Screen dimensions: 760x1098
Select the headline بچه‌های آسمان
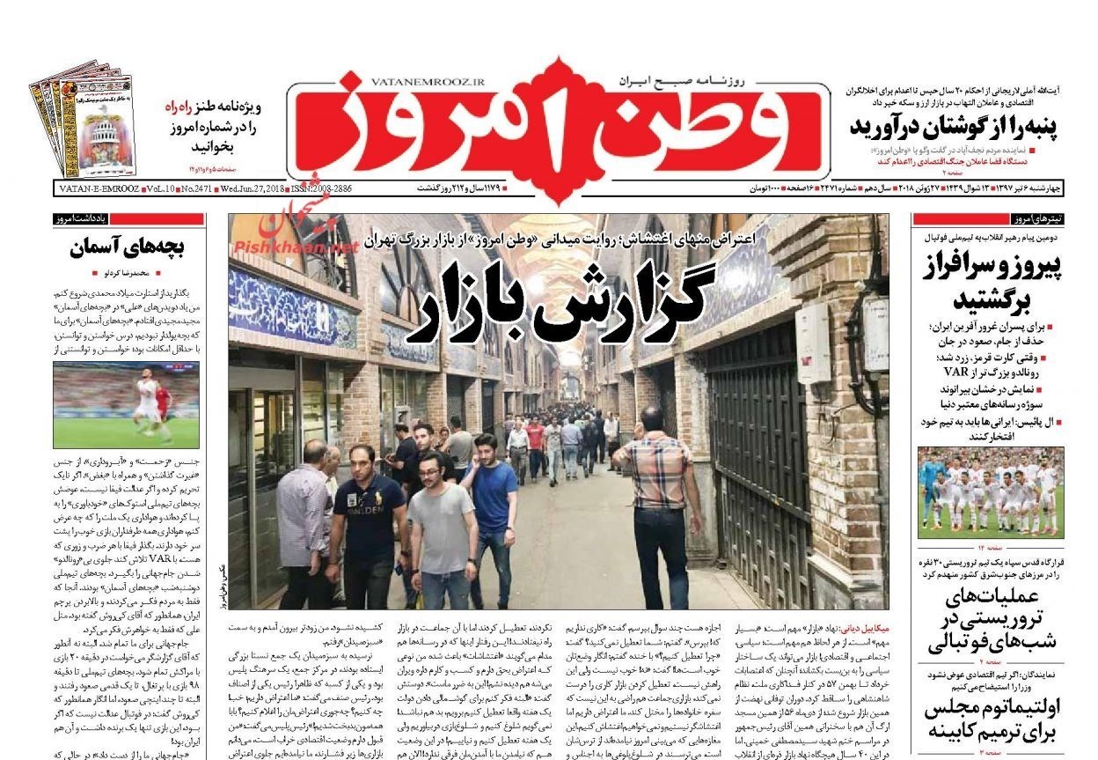click(x=128, y=248)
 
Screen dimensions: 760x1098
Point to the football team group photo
click(x=990, y=492)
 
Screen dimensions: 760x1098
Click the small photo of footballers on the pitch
click(x=126, y=405)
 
